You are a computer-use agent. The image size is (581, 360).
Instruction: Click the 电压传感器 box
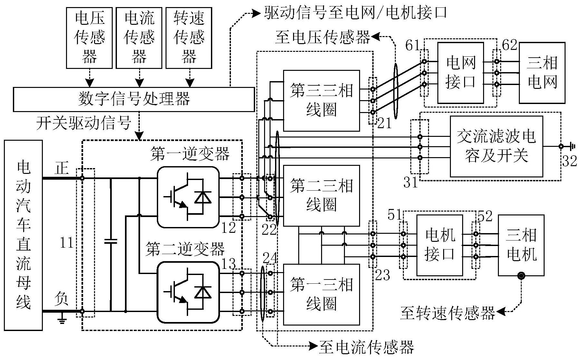pos(89,38)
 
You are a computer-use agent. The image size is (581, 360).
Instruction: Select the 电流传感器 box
pos(139,38)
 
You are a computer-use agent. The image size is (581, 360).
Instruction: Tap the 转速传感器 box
pos(189,38)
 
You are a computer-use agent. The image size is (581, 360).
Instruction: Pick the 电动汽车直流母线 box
pos(24,235)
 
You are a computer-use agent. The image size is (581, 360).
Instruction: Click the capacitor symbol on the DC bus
pos(110,242)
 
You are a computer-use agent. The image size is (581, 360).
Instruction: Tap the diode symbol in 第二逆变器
pos(203,292)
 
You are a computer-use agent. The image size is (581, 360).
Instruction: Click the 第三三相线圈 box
pos(321,101)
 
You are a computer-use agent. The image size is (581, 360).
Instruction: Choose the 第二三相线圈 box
pos(321,196)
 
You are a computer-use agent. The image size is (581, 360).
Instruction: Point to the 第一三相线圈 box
pos(321,295)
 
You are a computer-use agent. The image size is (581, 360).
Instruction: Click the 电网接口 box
pos(461,73)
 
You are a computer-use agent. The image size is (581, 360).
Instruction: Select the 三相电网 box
pos(542,73)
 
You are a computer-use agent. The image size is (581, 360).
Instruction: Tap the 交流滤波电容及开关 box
pos(496,147)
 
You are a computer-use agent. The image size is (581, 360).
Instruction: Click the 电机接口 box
pos(440,245)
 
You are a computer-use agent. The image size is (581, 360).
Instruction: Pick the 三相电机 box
pos(521,245)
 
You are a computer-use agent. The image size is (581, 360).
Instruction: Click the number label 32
pos(569,161)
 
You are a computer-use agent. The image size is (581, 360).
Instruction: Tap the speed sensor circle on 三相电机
pos(521,276)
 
